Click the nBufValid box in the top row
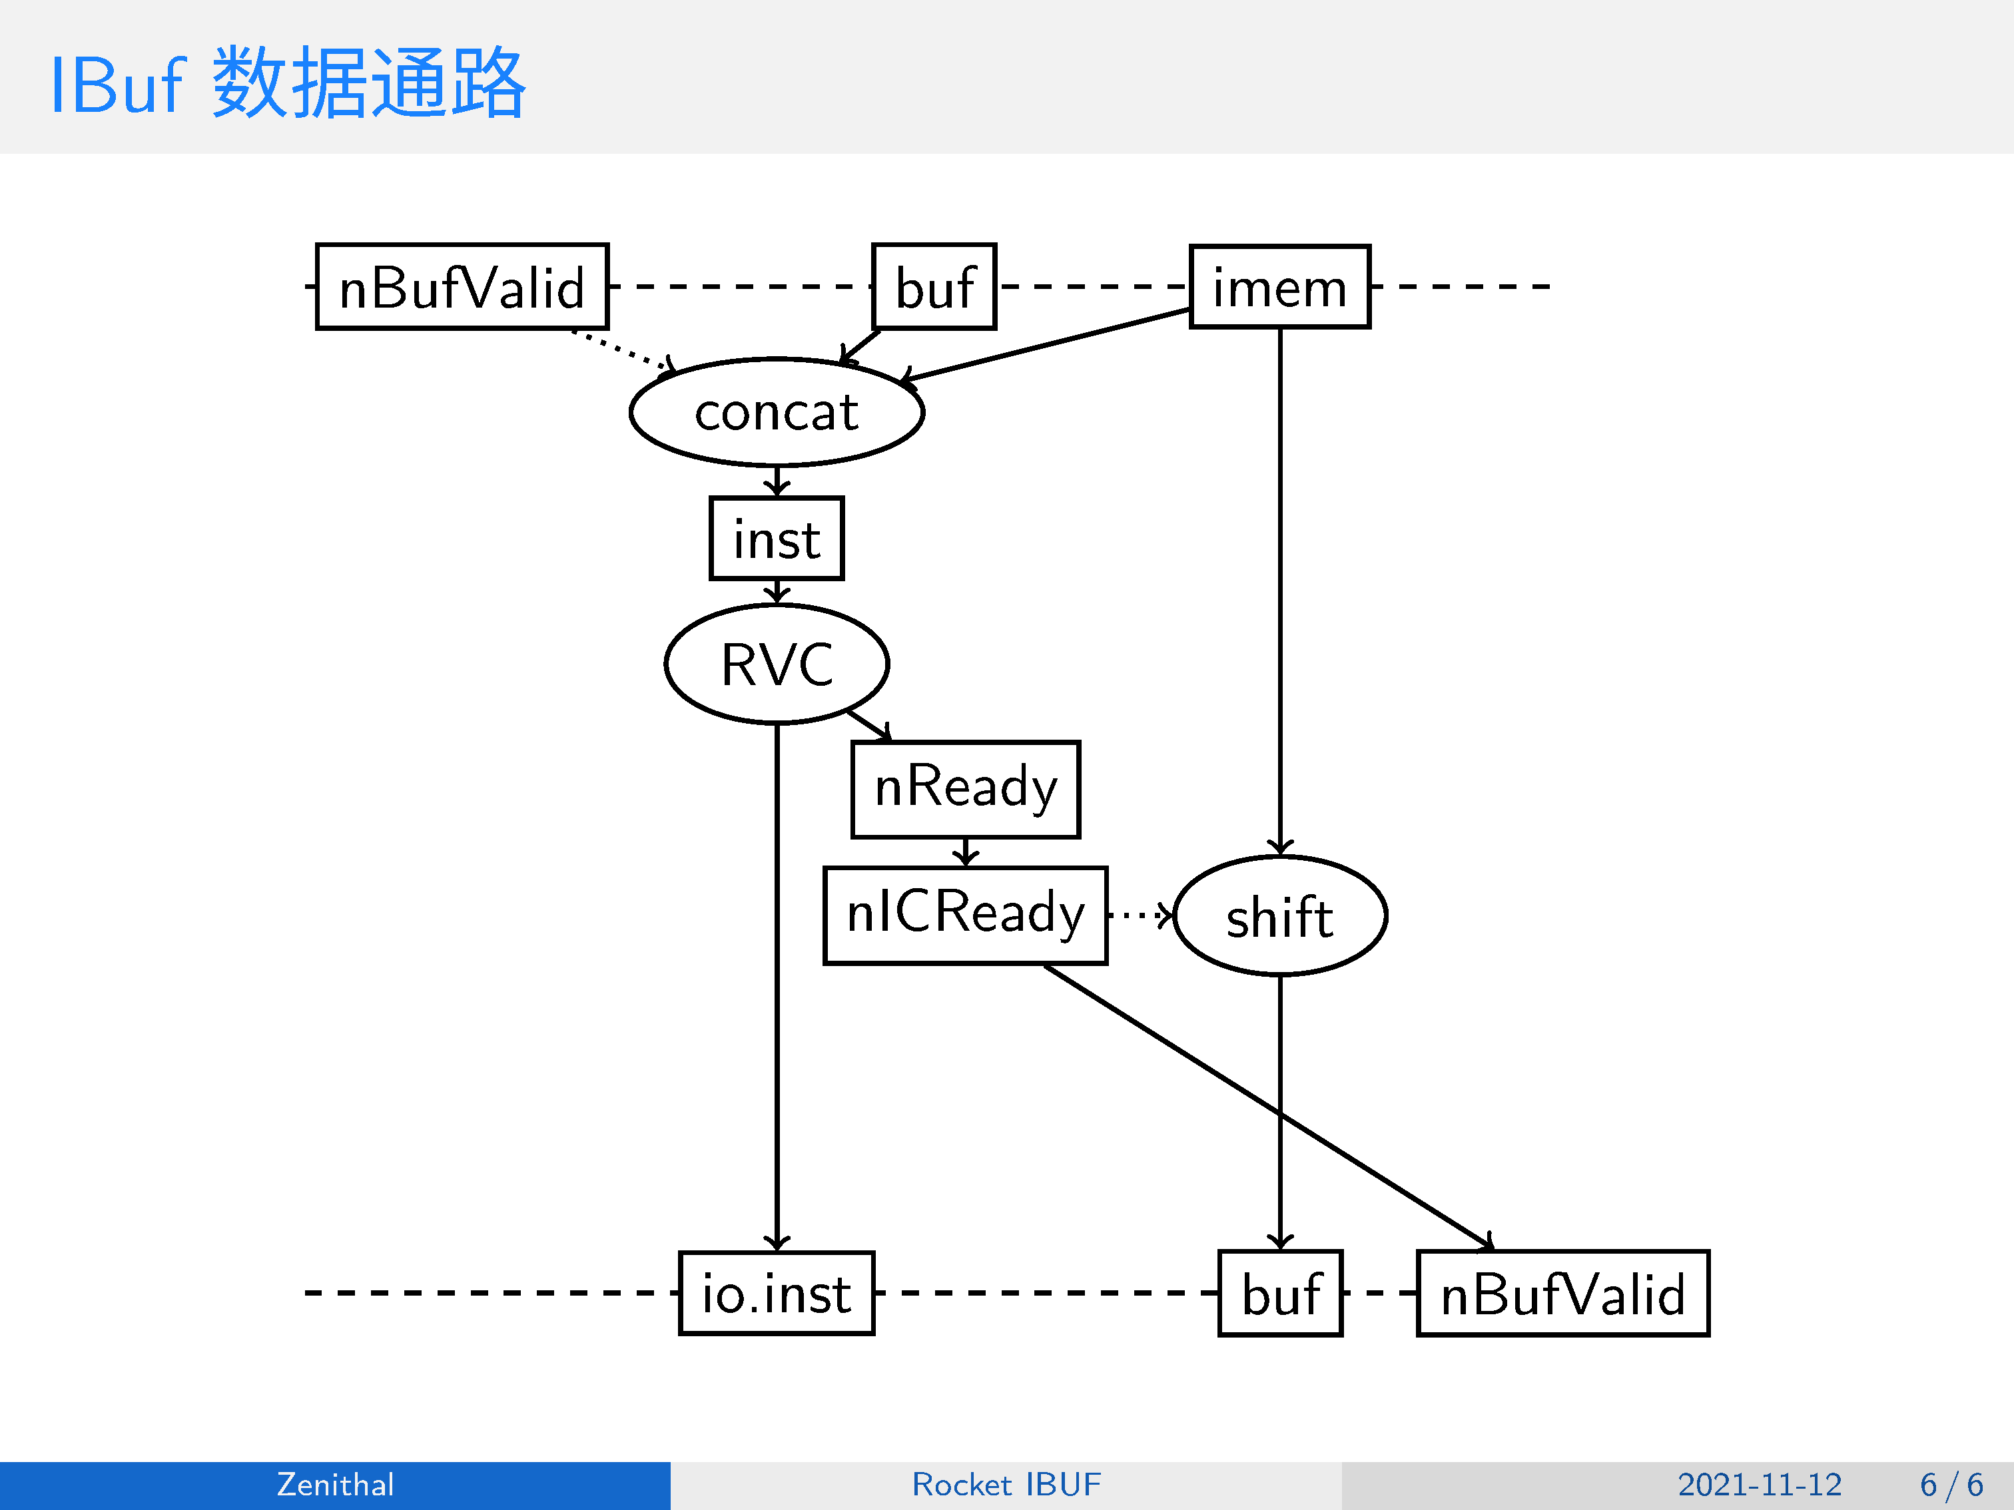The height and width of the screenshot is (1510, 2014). click(462, 287)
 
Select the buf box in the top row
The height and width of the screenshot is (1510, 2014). click(934, 287)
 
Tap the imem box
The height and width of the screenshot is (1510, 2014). click(1279, 287)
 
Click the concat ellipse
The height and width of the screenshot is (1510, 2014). click(777, 412)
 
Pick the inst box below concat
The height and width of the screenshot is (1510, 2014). click(777, 538)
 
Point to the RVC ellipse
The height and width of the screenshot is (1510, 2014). click(777, 664)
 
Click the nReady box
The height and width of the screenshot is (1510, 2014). click(965, 789)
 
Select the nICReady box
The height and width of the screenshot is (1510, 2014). click(965, 915)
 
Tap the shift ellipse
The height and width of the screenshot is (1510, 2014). click(1280, 915)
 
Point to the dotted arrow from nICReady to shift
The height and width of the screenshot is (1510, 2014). click(1140, 915)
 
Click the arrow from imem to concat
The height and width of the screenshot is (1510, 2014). click(1047, 345)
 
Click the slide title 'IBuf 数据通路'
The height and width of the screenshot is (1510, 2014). click(288, 84)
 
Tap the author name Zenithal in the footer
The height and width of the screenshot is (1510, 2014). click(335, 1485)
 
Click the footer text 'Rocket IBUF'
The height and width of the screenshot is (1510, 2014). click(1006, 1485)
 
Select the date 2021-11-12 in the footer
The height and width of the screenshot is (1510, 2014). click(1759, 1485)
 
